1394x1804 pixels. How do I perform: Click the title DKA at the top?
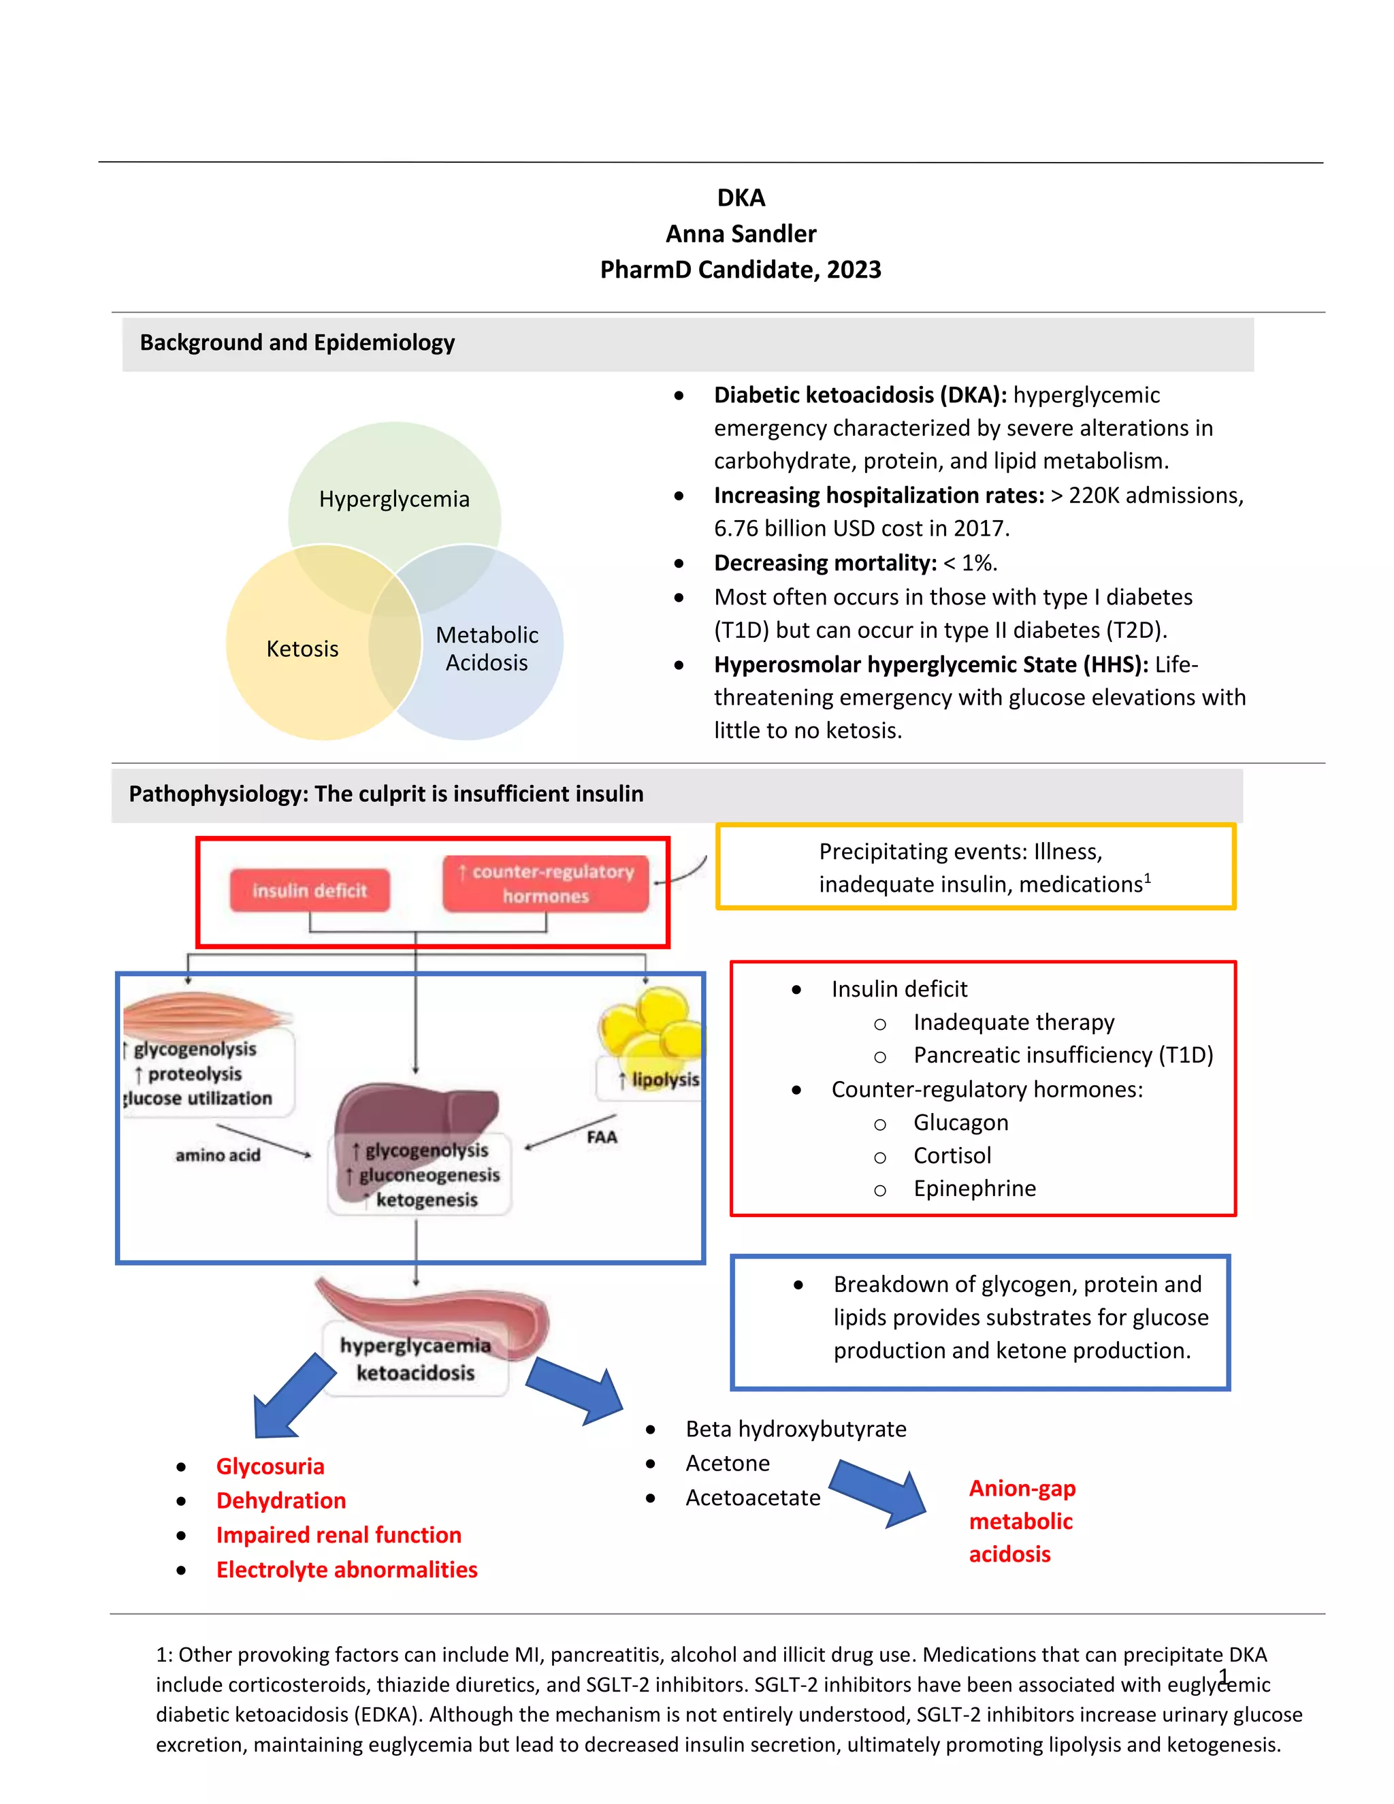(x=741, y=198)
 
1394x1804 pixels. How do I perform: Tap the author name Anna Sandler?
(x=741, y=233)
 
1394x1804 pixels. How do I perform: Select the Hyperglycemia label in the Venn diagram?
(x=394, y=499)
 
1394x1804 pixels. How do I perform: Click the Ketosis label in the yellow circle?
(x=302, y=648)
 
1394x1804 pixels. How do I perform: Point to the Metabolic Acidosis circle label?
(x=487, y=648)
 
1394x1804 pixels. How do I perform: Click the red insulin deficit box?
(x=310, y=890)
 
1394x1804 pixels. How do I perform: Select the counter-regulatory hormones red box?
(x=546, y=883)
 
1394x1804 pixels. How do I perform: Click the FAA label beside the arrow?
(x=602, y=1138)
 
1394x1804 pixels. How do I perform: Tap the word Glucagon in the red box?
(x=960, y=1123)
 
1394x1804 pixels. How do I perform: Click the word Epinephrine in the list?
(x=975, y=1189)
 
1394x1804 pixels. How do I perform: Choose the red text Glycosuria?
(x=270, y=1466)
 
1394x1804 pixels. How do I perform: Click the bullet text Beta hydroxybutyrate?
(x=795, y=1429)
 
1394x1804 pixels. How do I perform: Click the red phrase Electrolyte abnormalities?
(x=347, y=1569)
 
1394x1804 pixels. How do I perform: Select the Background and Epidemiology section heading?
(x=297, y=343)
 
